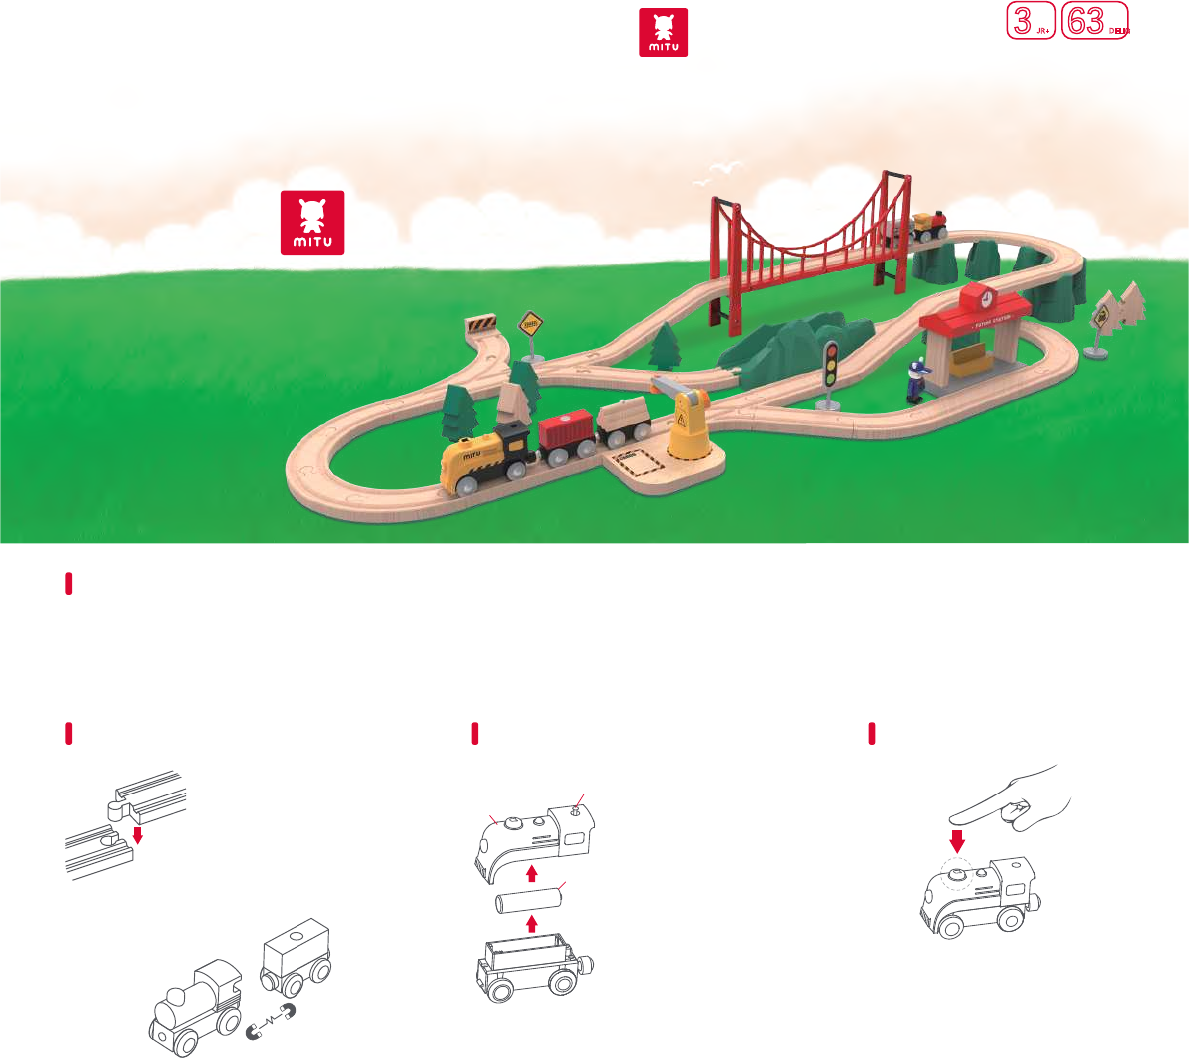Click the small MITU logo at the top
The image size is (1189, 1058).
point(664,33)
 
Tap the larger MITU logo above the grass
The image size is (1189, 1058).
point(312,222)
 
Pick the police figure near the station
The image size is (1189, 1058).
point(917,382)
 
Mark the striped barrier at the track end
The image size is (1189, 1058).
point(481,324)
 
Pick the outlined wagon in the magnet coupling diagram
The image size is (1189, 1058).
point(295,954)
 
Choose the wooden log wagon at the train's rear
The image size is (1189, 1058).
point(624,421)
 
